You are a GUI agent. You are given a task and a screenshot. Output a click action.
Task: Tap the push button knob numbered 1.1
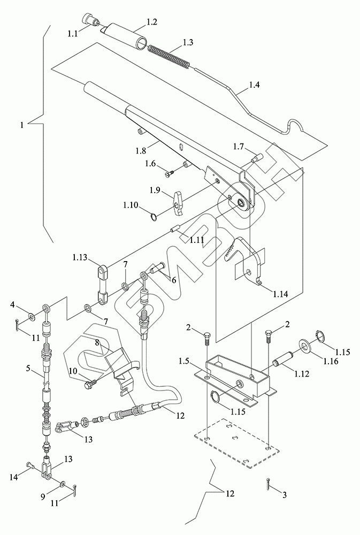[92, 19]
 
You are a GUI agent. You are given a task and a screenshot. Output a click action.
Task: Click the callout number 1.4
[254, 85]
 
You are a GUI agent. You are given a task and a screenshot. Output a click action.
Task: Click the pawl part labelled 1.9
[178, 203]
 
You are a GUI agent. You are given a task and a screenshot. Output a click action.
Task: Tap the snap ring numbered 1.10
[154, 217]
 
